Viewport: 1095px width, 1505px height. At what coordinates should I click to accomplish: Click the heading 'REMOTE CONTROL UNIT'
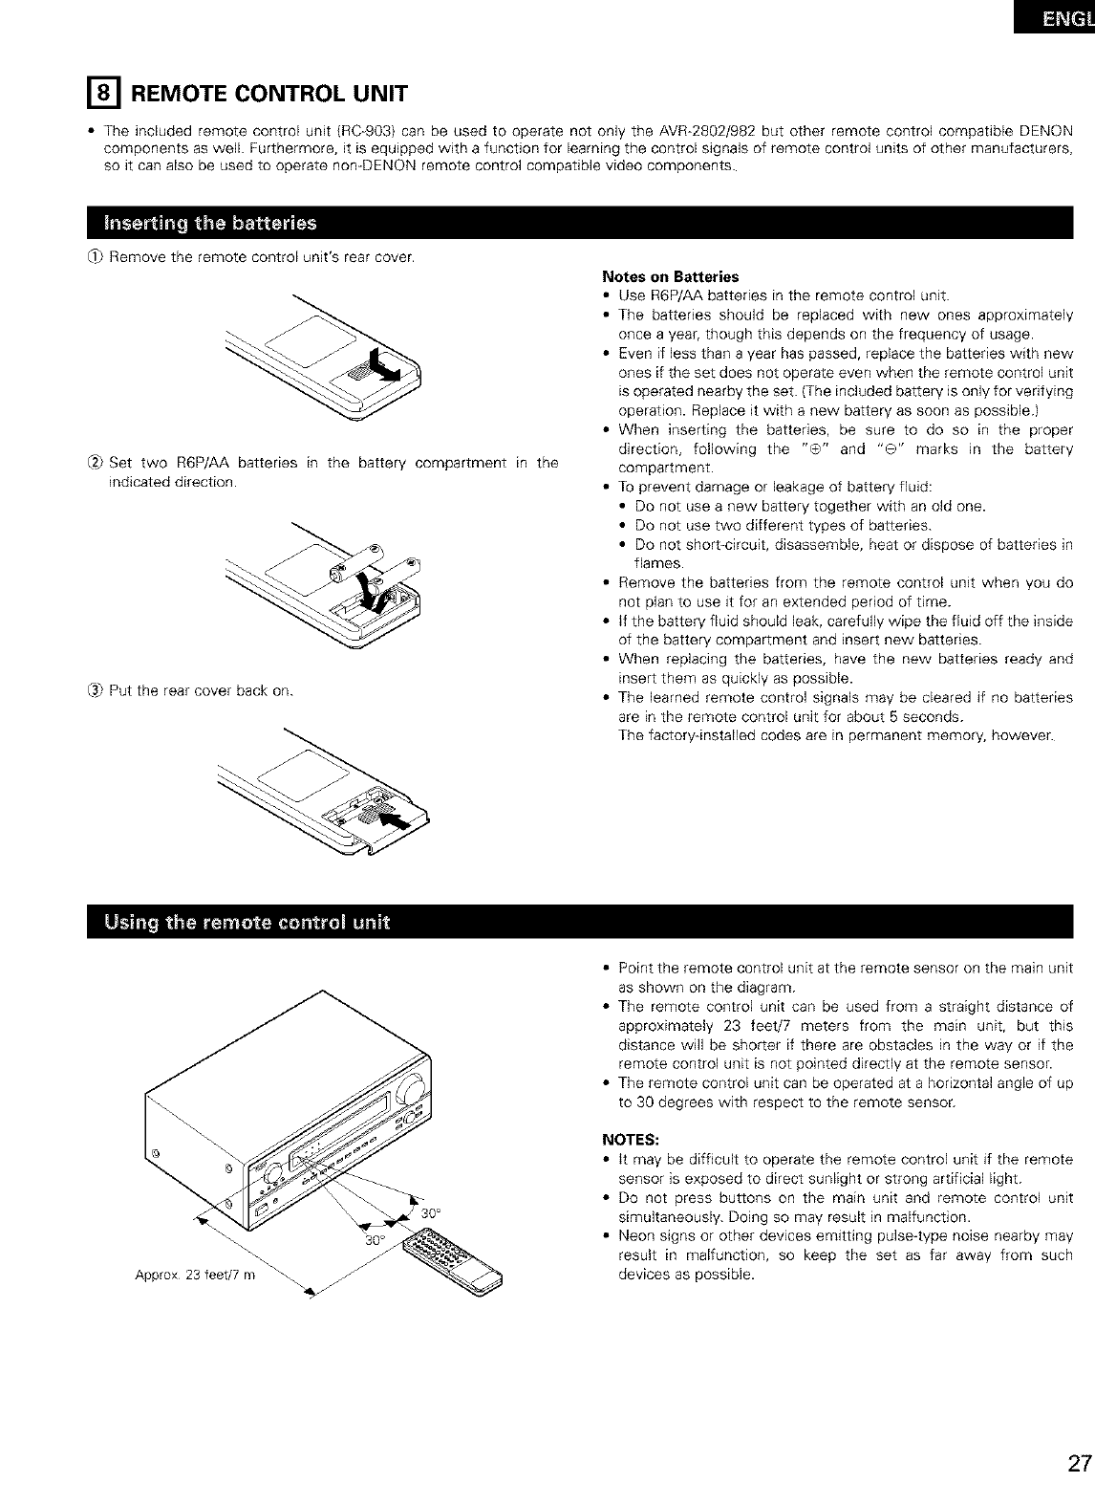point(268,94)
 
